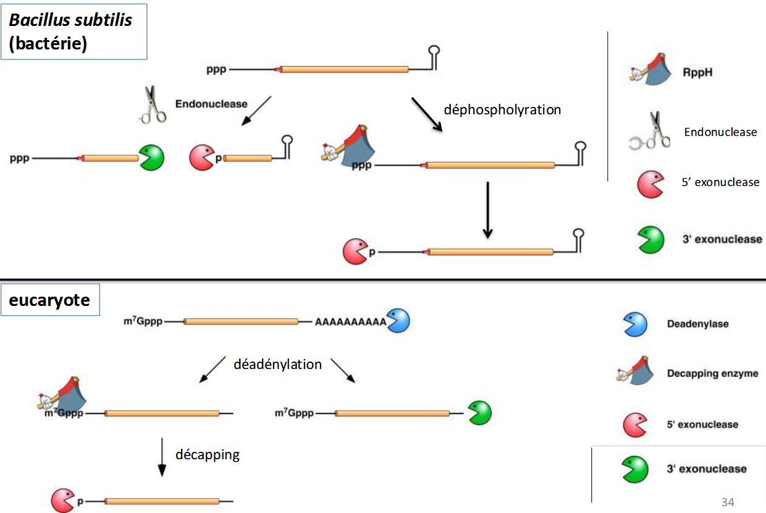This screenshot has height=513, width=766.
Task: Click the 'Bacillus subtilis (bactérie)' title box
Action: [74, 32]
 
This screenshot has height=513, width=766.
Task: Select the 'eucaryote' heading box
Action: [50, 300]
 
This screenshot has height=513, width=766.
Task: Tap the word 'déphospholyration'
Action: [502, 109]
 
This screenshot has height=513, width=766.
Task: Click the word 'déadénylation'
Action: [277, 364]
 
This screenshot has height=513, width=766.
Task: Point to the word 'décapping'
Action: [208, 455]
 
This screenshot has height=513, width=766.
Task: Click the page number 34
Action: [728, 501]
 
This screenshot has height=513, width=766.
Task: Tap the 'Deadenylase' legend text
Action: [697, 324]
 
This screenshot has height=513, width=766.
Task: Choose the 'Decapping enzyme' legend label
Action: [712, 373]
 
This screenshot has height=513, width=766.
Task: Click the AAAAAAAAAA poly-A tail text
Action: [350, 322]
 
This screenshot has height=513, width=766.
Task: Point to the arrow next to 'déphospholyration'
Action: [427, 114]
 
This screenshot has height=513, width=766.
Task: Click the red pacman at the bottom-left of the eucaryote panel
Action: [62, 500]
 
